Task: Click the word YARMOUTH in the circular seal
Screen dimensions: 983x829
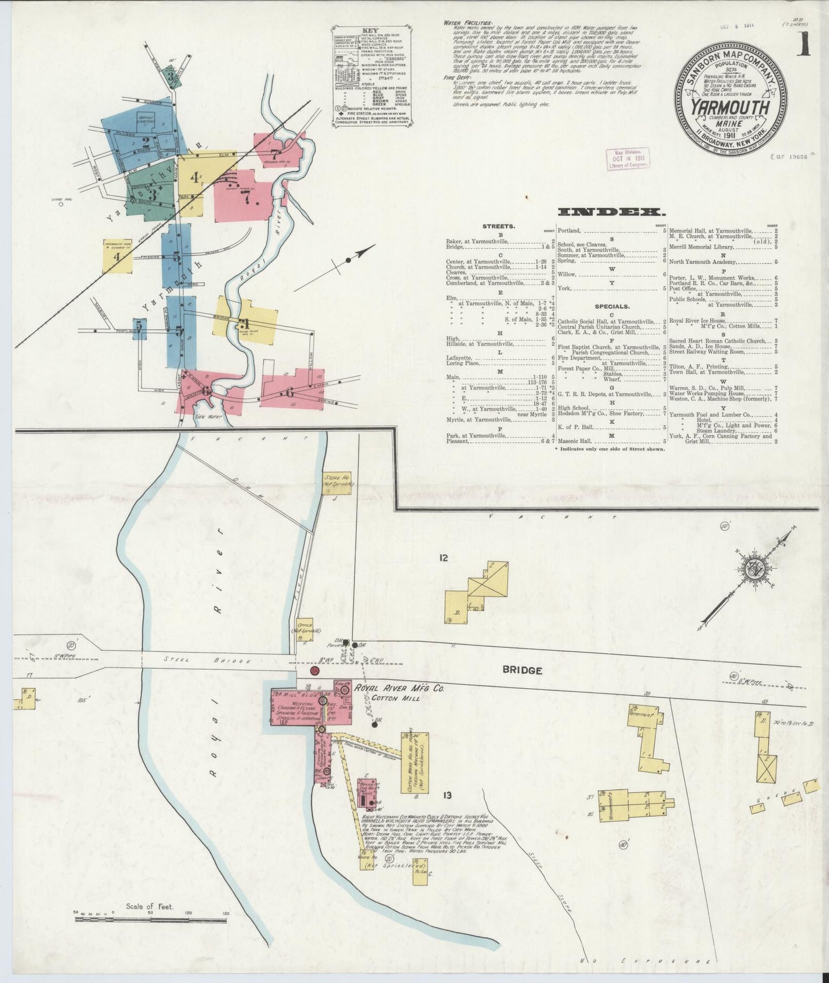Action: tap(729, 107)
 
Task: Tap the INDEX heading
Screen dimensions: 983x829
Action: tap(608, 213)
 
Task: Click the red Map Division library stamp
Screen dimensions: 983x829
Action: tap(629, 158)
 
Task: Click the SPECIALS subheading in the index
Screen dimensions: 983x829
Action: tap(612, 306)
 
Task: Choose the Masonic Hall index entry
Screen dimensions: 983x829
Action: tap(574, 441)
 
